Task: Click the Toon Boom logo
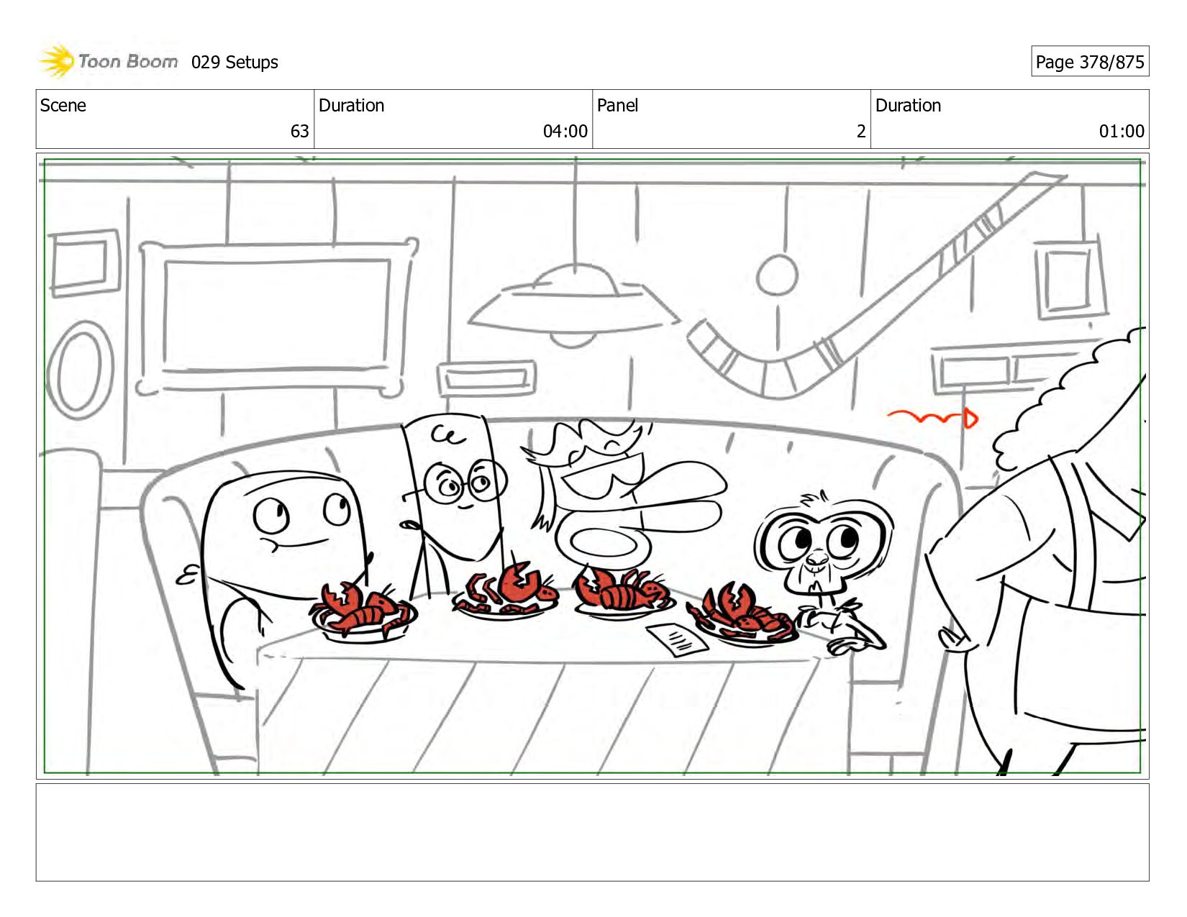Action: [x=108, y=61]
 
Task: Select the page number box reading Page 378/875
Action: [x=1090, y=61]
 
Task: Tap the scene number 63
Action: [x=299, y=131]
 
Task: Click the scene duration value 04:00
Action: [x=565, y=131]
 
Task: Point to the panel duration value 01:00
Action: [x=1122, y=131]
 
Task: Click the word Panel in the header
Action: [x=617, y=105]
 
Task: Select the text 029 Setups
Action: [x=235, y=63]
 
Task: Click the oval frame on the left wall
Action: [x=81, y=370]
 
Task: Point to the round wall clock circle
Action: [x=777, y=275]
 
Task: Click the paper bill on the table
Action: [x=677, y=639]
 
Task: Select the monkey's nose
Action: [x=817, y=557]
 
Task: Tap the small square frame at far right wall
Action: [x=1070, y=280]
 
